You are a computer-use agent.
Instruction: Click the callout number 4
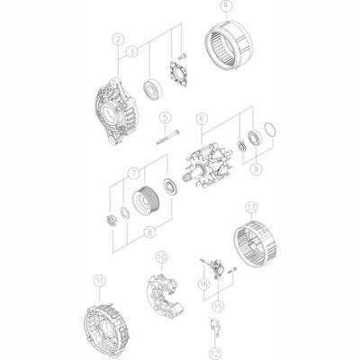coord(226,8)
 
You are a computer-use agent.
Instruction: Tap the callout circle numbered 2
coord(117,39)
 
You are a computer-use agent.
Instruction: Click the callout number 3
coord(132,52)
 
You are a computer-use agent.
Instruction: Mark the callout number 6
coord(202,117)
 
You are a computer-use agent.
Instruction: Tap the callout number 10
coord(161,256)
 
